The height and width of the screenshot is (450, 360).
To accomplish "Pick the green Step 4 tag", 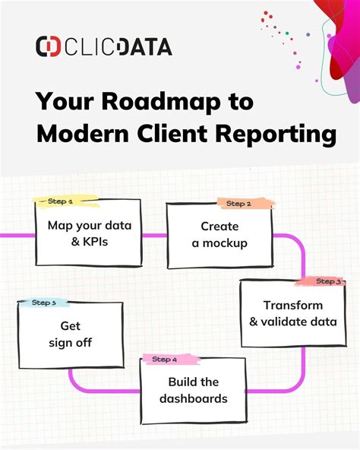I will click(x=165, y=360).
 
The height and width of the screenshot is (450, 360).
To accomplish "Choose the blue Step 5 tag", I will click(x=43, y=303).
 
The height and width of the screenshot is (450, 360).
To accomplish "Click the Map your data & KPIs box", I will click(x=88, y=233).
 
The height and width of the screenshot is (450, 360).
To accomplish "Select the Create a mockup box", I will click(x=219, y=236).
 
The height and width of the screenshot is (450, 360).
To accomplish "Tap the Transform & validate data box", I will click(x=288, y=314).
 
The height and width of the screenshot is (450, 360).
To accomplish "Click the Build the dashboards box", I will click(x=194, y=391).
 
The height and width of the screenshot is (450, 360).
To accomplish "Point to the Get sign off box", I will click(x=71, y=335).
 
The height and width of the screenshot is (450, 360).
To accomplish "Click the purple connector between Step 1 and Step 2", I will click(x=154, y=236).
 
